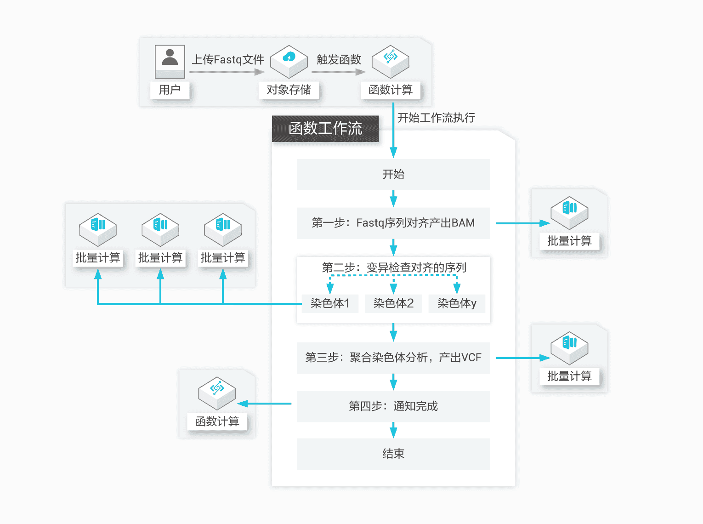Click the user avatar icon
click(170, 61)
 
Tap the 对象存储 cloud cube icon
click(289, 61)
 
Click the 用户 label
click(170, 90)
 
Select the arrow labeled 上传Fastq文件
click(227, 72)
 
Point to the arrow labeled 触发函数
click(339, 72)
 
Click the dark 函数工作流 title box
click(325, 128)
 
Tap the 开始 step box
click(393, 175)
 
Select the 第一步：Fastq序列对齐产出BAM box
click(393, 223)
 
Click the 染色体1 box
click(330, 303)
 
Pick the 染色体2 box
click(393, 303)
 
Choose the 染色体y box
click(457, 303)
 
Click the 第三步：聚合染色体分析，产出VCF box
click(393, 358)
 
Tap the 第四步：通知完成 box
click(393, 406)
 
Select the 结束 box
click(393, 454)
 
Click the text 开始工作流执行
click(436, 118)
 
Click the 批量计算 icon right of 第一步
click(569, 212)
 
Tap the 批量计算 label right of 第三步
click(569, 376)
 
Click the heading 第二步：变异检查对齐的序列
click(394, 268)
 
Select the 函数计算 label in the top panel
click(391, 90)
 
